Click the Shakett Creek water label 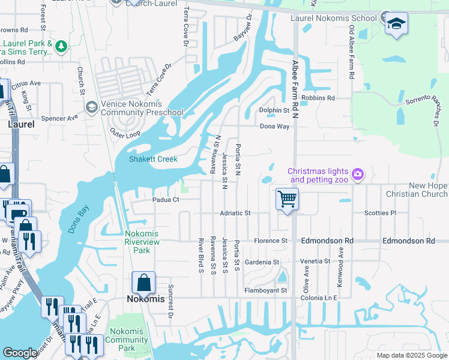tap(153, 159)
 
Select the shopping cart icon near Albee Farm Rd tap(288, 199)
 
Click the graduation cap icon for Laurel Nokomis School tap(396, 23)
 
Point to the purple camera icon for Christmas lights tap(358, 175)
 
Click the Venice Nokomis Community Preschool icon tap(91, 107)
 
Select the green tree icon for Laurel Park tap(61, 46)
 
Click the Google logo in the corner tap(20, 353)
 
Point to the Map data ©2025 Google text tap(411, 355)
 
